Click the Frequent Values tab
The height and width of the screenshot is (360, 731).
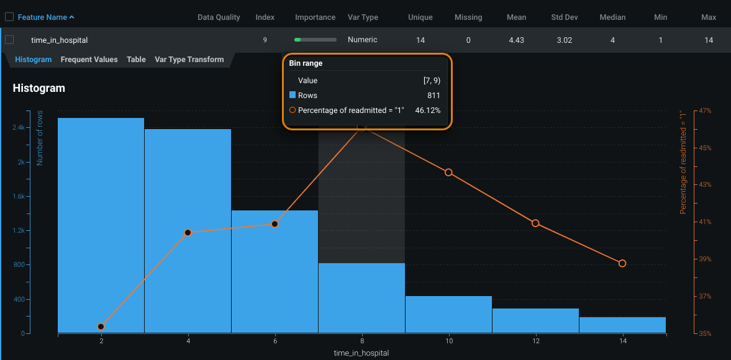(x=89, y=60)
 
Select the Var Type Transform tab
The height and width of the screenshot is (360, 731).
(x=189, y=60)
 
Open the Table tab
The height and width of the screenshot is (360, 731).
(x=136, y=60)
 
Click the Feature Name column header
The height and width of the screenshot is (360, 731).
(x=46, y=17)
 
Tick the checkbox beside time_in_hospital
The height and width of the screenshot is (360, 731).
(x=9, y=40)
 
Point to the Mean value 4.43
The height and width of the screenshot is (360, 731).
(x=517, y=40)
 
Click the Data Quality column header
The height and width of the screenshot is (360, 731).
(x=219, y=17)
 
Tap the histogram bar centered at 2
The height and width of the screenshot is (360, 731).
(x=101, y=223)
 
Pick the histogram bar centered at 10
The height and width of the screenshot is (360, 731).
(x=448, y=314)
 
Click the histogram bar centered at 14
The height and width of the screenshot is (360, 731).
(x=622, y=325)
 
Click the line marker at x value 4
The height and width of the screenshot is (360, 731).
(x=188, y=232)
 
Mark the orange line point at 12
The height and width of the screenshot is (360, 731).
(x=535, y=223)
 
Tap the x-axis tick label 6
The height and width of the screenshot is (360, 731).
(x=275, y=341)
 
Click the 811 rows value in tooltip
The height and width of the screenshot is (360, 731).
(x=434, y=96)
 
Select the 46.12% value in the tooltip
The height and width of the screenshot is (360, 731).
(x=427, y=110)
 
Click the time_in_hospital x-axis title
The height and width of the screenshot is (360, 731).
(x=361, y=353)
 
